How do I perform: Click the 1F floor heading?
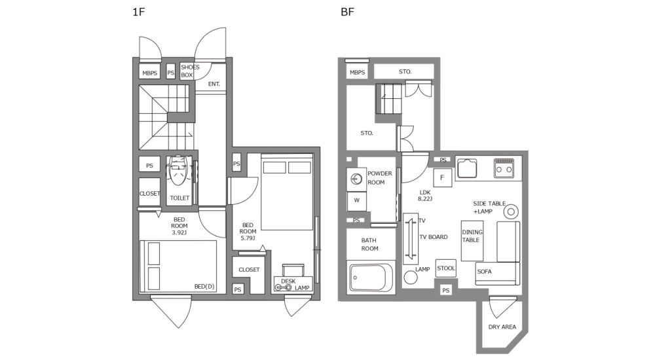pyautogui.click(x=138, y=12)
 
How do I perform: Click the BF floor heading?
pyautogui.click(x=347, y=12)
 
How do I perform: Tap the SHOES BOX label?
pyautogui.click(x=189, y=71)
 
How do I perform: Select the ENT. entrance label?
pyautogui.click(x=214, y=84)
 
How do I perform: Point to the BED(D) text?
pyautogui.click(x=204, y=286)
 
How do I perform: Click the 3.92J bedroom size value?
pyautogui.click(x=179, y=232)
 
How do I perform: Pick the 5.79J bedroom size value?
pyautogui.click(x=248, y=239)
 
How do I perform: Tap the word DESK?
pyautogui.click(x=288, y=281)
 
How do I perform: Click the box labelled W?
pyautogui.click(x=356, y=200)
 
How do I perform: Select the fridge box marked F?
pyautogui.click(x=442, y=177)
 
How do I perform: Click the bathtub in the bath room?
pyautogui.click(x=371, y=278)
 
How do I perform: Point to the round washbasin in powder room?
pyautogui.click(x=357, y=177)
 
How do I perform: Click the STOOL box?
pyautogui.click(x=445, y=268)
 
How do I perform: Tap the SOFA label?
pyautogui.click(x=484, y=271)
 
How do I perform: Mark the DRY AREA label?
pyautogui.click(x=502, y=327)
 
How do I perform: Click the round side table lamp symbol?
pyautogui.click(x=512, y=211)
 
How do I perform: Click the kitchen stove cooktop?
pyautogui.click(x=504, y=168)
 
